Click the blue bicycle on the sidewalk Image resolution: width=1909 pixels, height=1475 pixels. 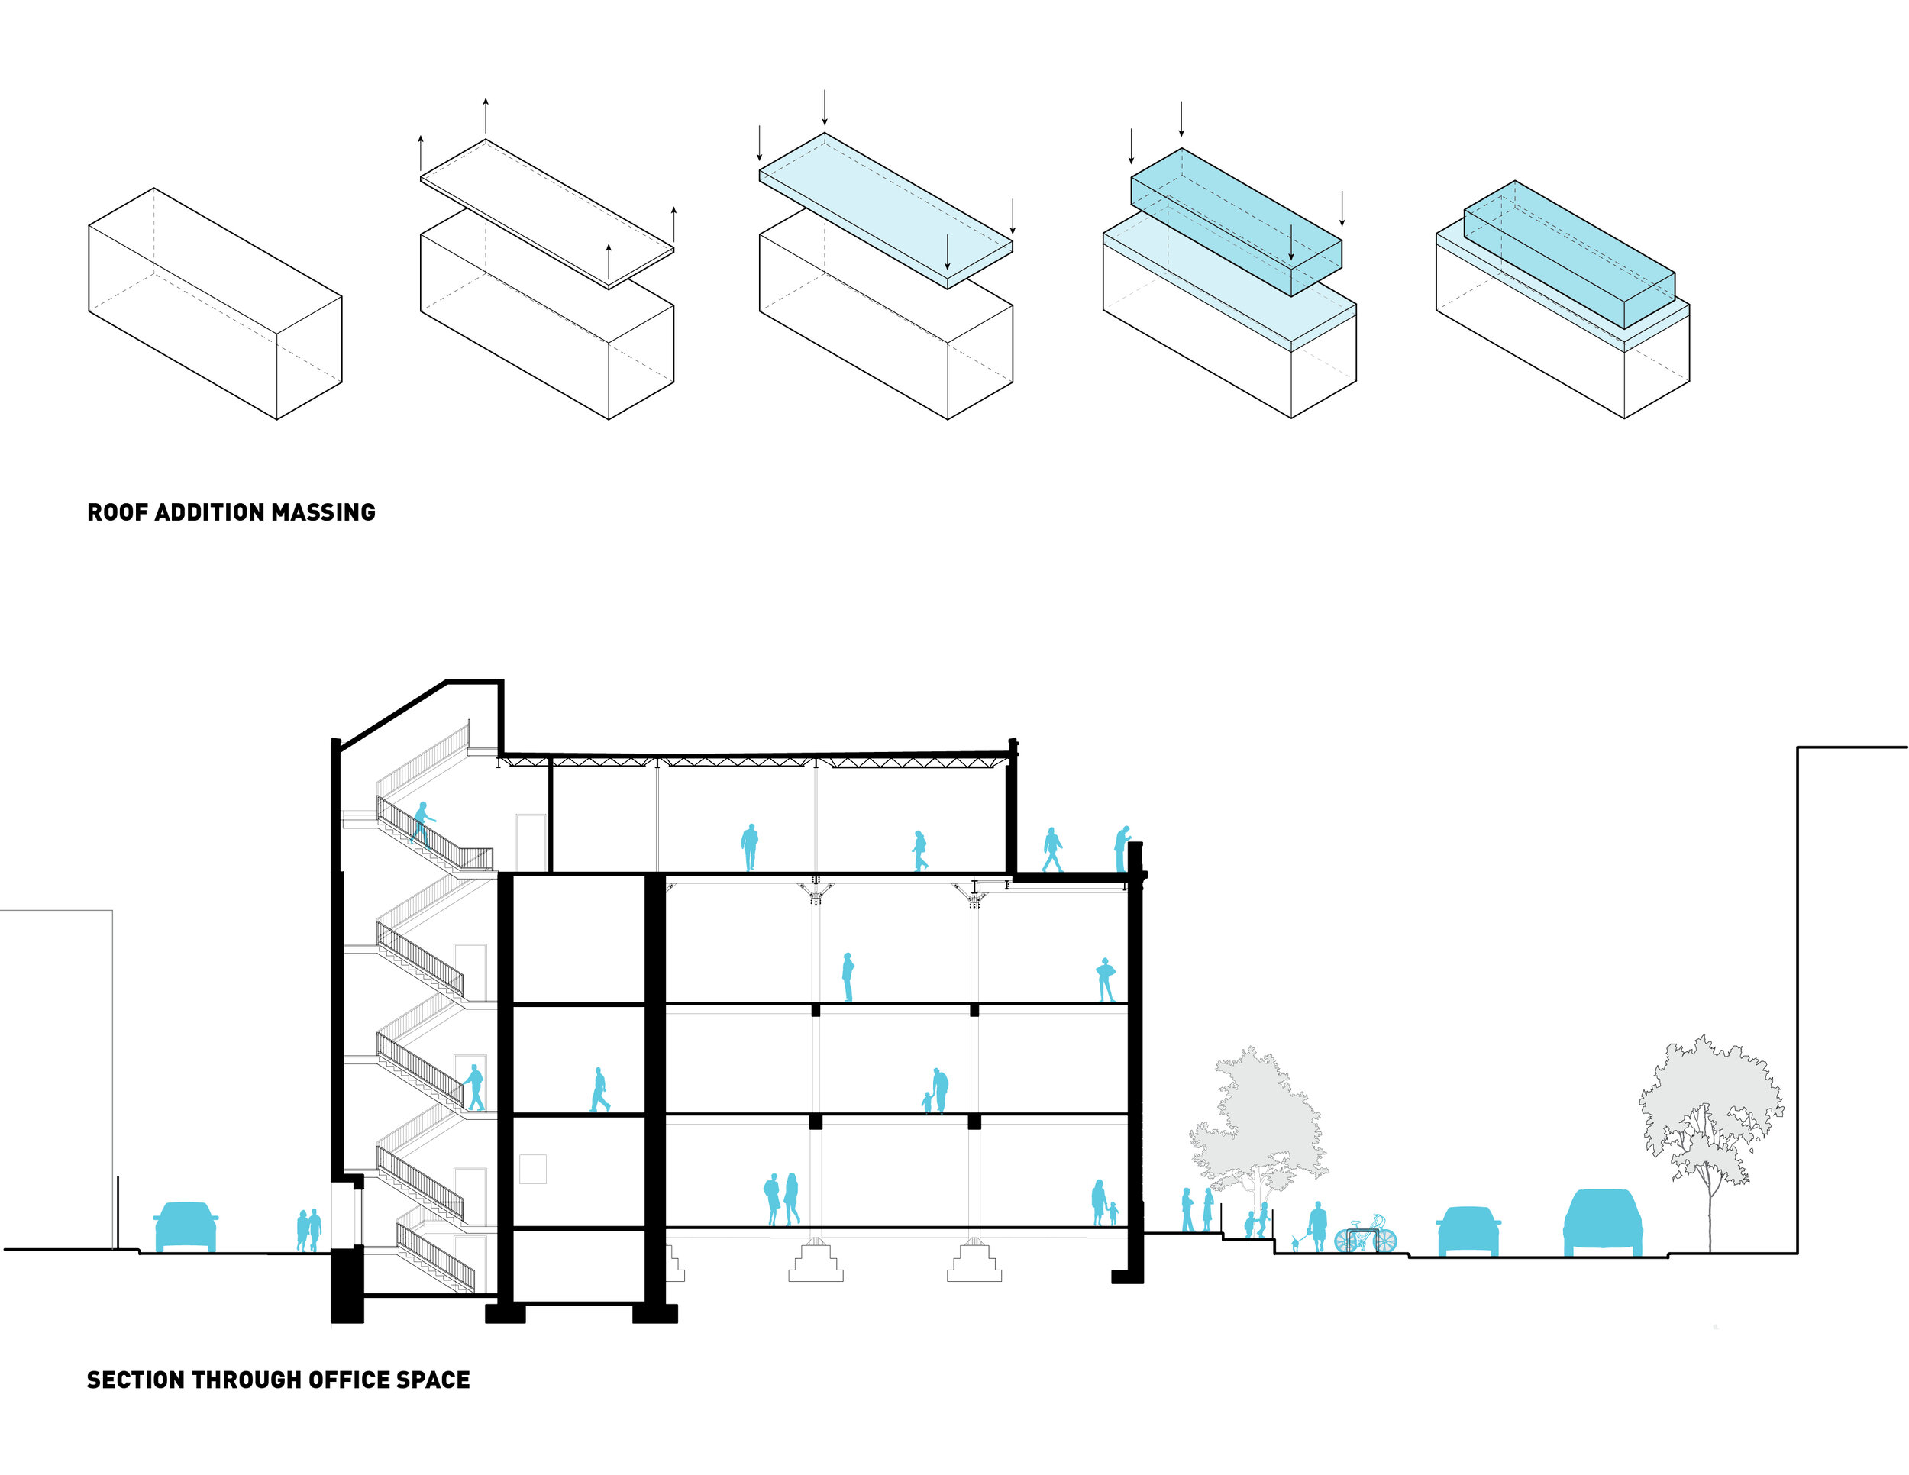1365,1237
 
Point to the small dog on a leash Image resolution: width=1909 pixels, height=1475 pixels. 1295,1244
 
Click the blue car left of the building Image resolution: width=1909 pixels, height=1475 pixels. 186,1225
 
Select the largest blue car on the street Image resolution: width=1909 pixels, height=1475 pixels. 1602,1222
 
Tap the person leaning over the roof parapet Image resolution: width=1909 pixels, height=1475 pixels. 1122,847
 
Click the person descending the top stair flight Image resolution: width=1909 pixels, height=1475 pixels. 422,824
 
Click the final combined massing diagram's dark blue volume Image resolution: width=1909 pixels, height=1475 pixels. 1569,253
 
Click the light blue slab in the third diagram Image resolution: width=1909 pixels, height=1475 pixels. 884,210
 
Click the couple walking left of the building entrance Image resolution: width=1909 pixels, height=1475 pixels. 308,1229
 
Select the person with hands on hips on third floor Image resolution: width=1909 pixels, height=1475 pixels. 1106,979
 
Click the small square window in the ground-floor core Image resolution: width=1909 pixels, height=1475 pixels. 532,1168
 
